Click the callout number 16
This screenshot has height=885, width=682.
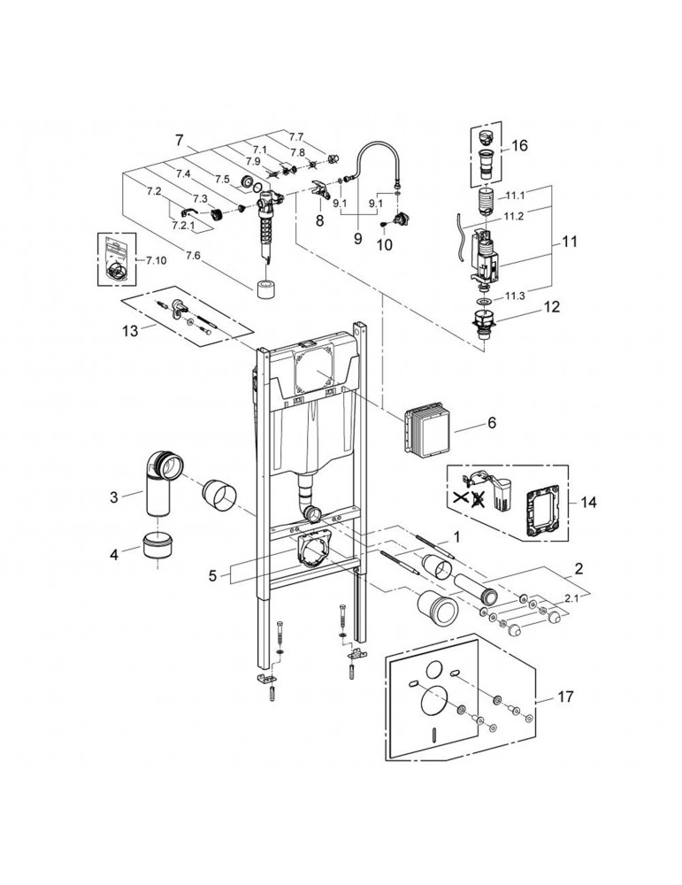click(x=520, y=144)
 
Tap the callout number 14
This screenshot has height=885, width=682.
click(x=589, y=502)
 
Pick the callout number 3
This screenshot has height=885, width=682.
click(x=113, y=497)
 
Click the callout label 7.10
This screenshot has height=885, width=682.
click(x=156, y=260)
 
